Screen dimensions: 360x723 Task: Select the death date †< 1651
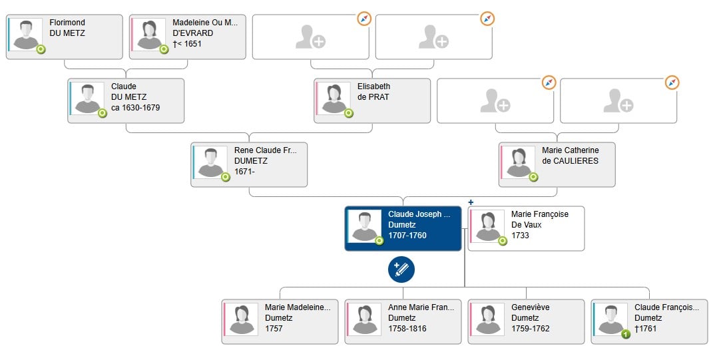pos(187,44)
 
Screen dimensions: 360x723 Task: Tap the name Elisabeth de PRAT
pos(373,92)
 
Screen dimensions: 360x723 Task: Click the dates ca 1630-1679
pos(135,108)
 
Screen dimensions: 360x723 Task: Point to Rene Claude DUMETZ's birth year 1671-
pos(244,172)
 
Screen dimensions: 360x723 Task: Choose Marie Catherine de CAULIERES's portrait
pos(519,162)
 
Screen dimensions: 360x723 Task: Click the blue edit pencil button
pos(401,270)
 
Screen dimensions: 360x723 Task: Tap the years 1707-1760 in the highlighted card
pos(407,236)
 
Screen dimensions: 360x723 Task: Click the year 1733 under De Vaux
pos(520,236)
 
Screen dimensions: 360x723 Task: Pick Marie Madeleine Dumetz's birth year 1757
pos(274,329)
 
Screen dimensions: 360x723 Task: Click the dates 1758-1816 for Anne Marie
pos(407,329)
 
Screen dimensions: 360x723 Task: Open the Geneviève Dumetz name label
pos(530,313)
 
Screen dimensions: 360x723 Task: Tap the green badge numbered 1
pos(626,334)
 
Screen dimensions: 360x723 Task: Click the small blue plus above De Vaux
pos(471,202)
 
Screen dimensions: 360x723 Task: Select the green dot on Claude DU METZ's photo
pos(103,113)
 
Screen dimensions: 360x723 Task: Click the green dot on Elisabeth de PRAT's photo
pos(349,113)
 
